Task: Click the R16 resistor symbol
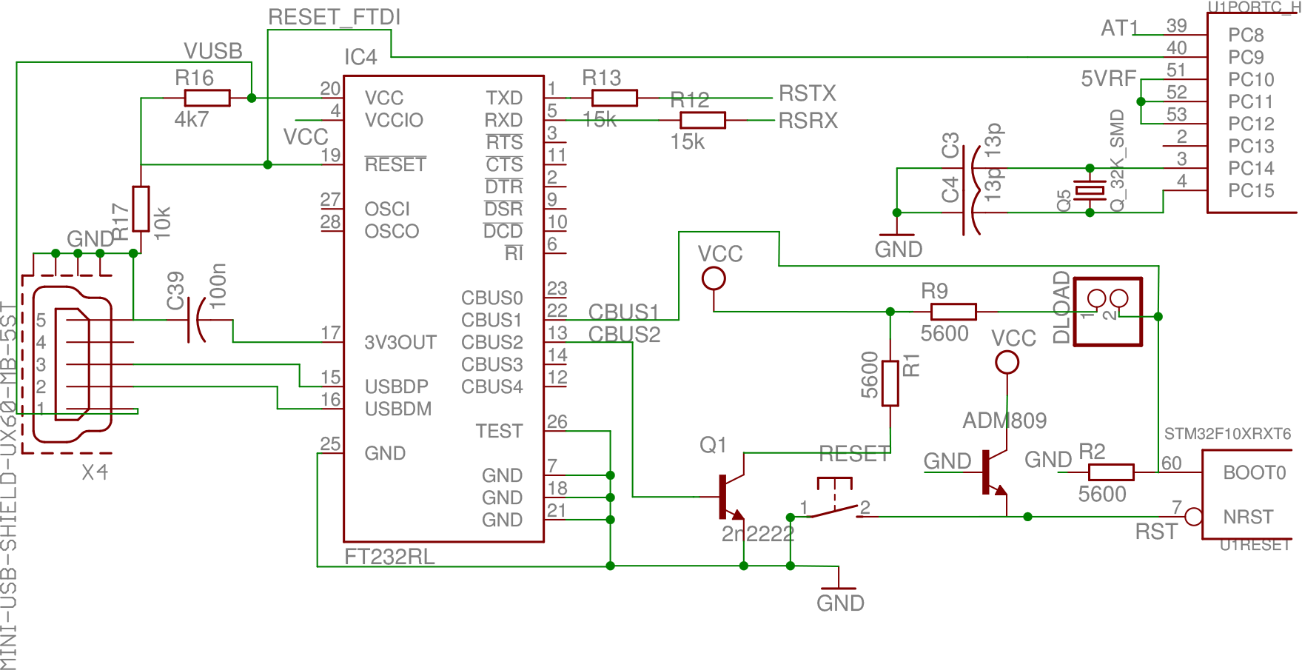tap(207, 98)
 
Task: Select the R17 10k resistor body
tap(141, 210)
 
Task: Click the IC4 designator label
tap(360, 57)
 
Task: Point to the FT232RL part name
tap(390, 557)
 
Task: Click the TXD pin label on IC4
tap(504, 98)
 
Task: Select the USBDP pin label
tap(397, 386)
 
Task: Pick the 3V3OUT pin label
tap(400, 342)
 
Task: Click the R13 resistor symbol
tap(615, 98)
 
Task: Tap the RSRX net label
tap(808, 120)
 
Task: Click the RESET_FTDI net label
tap(335, 18)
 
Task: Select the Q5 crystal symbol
tap(1090, 191)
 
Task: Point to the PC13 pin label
tap(1251, 146)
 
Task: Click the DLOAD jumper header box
tap(1107, 311)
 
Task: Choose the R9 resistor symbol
tap(953, 312)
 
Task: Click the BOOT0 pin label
tap(1254, 472)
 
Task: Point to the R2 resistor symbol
tap(1111, 472)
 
